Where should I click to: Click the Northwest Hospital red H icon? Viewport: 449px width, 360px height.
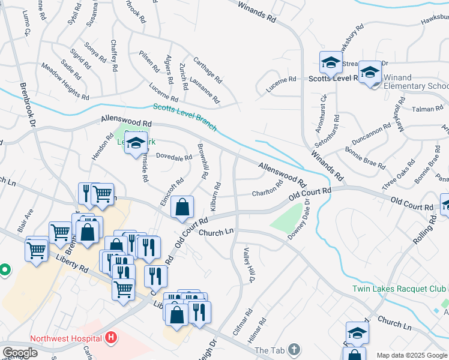pos(110,338)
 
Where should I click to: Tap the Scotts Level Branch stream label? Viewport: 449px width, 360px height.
pos(184,117)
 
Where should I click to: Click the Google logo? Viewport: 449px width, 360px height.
pos(20,353)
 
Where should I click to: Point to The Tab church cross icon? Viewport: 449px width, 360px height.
pos(294,349)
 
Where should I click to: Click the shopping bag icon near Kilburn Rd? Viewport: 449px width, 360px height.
pos(182,208)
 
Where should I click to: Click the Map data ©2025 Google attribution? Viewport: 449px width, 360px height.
pos(411,355)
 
